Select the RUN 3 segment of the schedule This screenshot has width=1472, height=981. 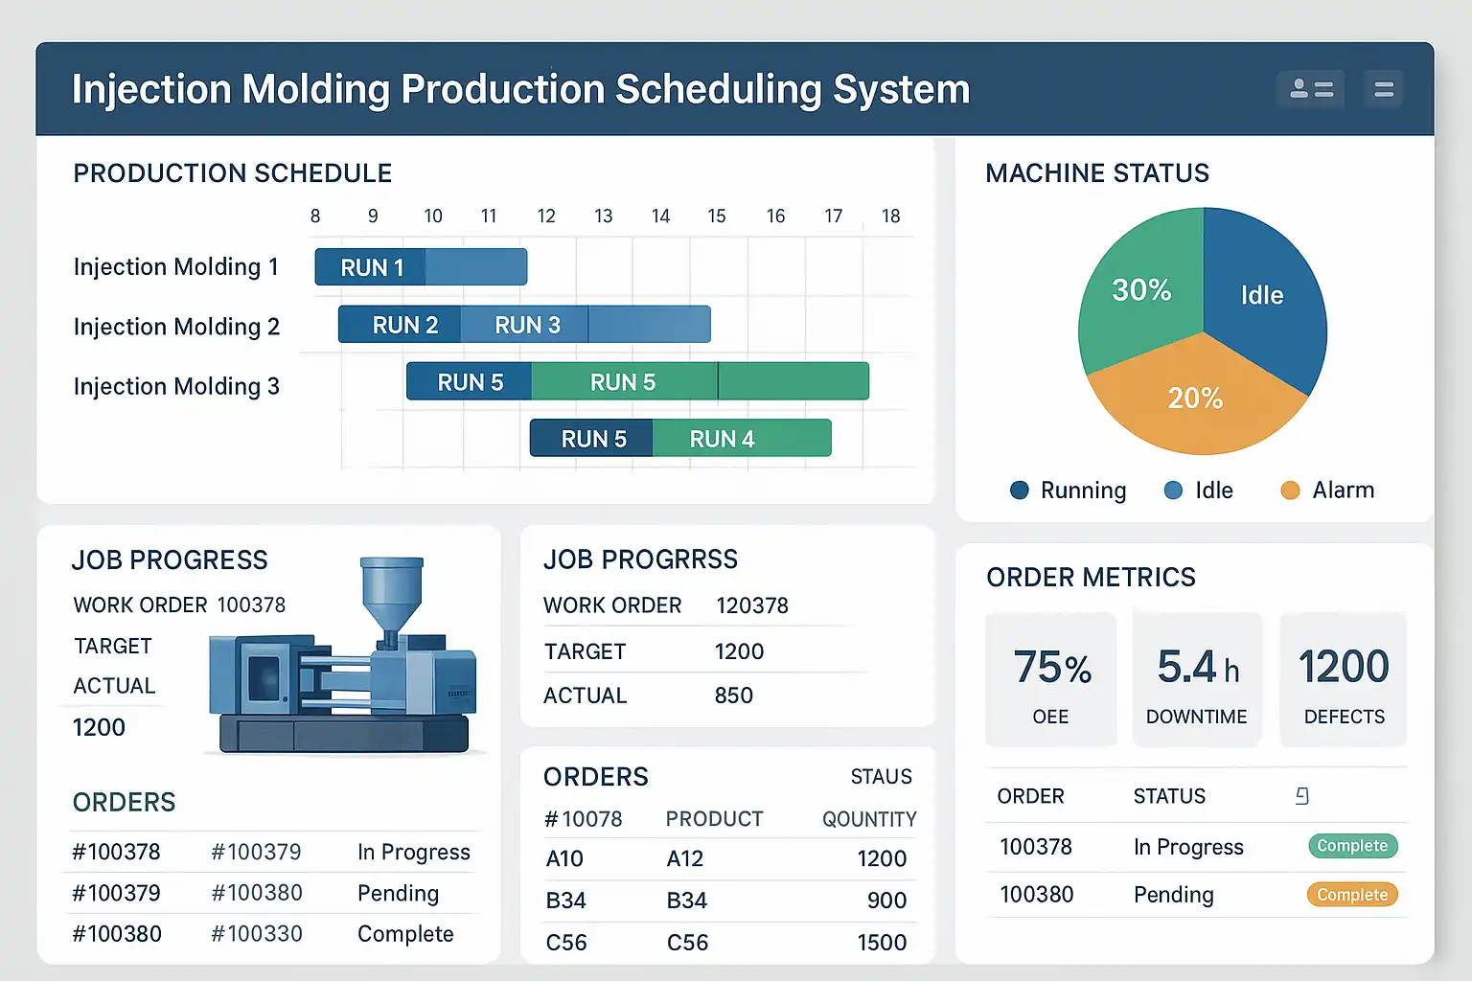(526, 325)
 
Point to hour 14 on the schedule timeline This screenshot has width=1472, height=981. (660, 217)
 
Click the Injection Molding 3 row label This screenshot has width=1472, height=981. (176, 386)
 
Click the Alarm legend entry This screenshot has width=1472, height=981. (1327, 490)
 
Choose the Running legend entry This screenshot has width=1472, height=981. (1068, 490)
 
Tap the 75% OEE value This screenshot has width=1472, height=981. (1052, 668)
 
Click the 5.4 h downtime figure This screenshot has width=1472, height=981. (1197, 668)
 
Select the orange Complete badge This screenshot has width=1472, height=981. (1352, 895)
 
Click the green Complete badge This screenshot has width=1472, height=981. (1352, 846)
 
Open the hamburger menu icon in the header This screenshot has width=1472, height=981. (1384, 90)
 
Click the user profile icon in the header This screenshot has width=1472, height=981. (1311, 90)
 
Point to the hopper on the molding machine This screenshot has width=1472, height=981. (391, 584)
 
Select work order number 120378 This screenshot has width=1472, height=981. (752, 605)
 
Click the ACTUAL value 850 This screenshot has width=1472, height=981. (733, 696)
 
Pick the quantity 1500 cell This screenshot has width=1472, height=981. (882, 943)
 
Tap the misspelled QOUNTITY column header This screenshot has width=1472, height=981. (869, 819)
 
